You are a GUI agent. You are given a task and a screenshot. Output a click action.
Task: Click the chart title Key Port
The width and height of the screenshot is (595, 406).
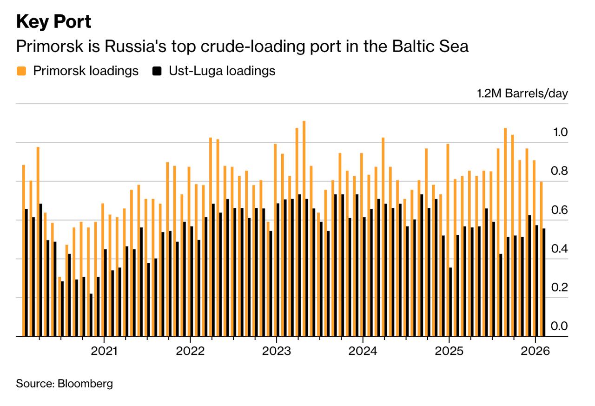click(53, 22)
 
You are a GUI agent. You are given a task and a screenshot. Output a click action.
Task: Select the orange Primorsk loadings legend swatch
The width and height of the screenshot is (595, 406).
click(21, 71)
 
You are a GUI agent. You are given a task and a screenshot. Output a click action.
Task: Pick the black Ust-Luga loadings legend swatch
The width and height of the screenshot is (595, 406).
click(157, 71)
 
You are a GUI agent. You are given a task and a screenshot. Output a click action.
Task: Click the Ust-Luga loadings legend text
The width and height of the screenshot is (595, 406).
click(222, 71)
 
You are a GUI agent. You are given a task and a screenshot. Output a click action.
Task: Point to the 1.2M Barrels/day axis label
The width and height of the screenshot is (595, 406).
click(522, 93)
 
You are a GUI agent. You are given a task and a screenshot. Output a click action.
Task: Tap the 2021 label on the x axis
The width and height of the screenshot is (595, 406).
click(104, 351)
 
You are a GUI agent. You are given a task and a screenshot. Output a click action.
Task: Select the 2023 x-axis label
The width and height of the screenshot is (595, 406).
click(277, 351)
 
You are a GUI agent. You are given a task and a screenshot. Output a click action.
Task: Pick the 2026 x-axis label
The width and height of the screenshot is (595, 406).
click(535, 351)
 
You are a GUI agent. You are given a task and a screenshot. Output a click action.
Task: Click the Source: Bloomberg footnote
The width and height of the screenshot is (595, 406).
click(65, 384)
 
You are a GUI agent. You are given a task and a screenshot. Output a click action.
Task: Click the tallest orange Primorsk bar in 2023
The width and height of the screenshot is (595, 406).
click(304, 228)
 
